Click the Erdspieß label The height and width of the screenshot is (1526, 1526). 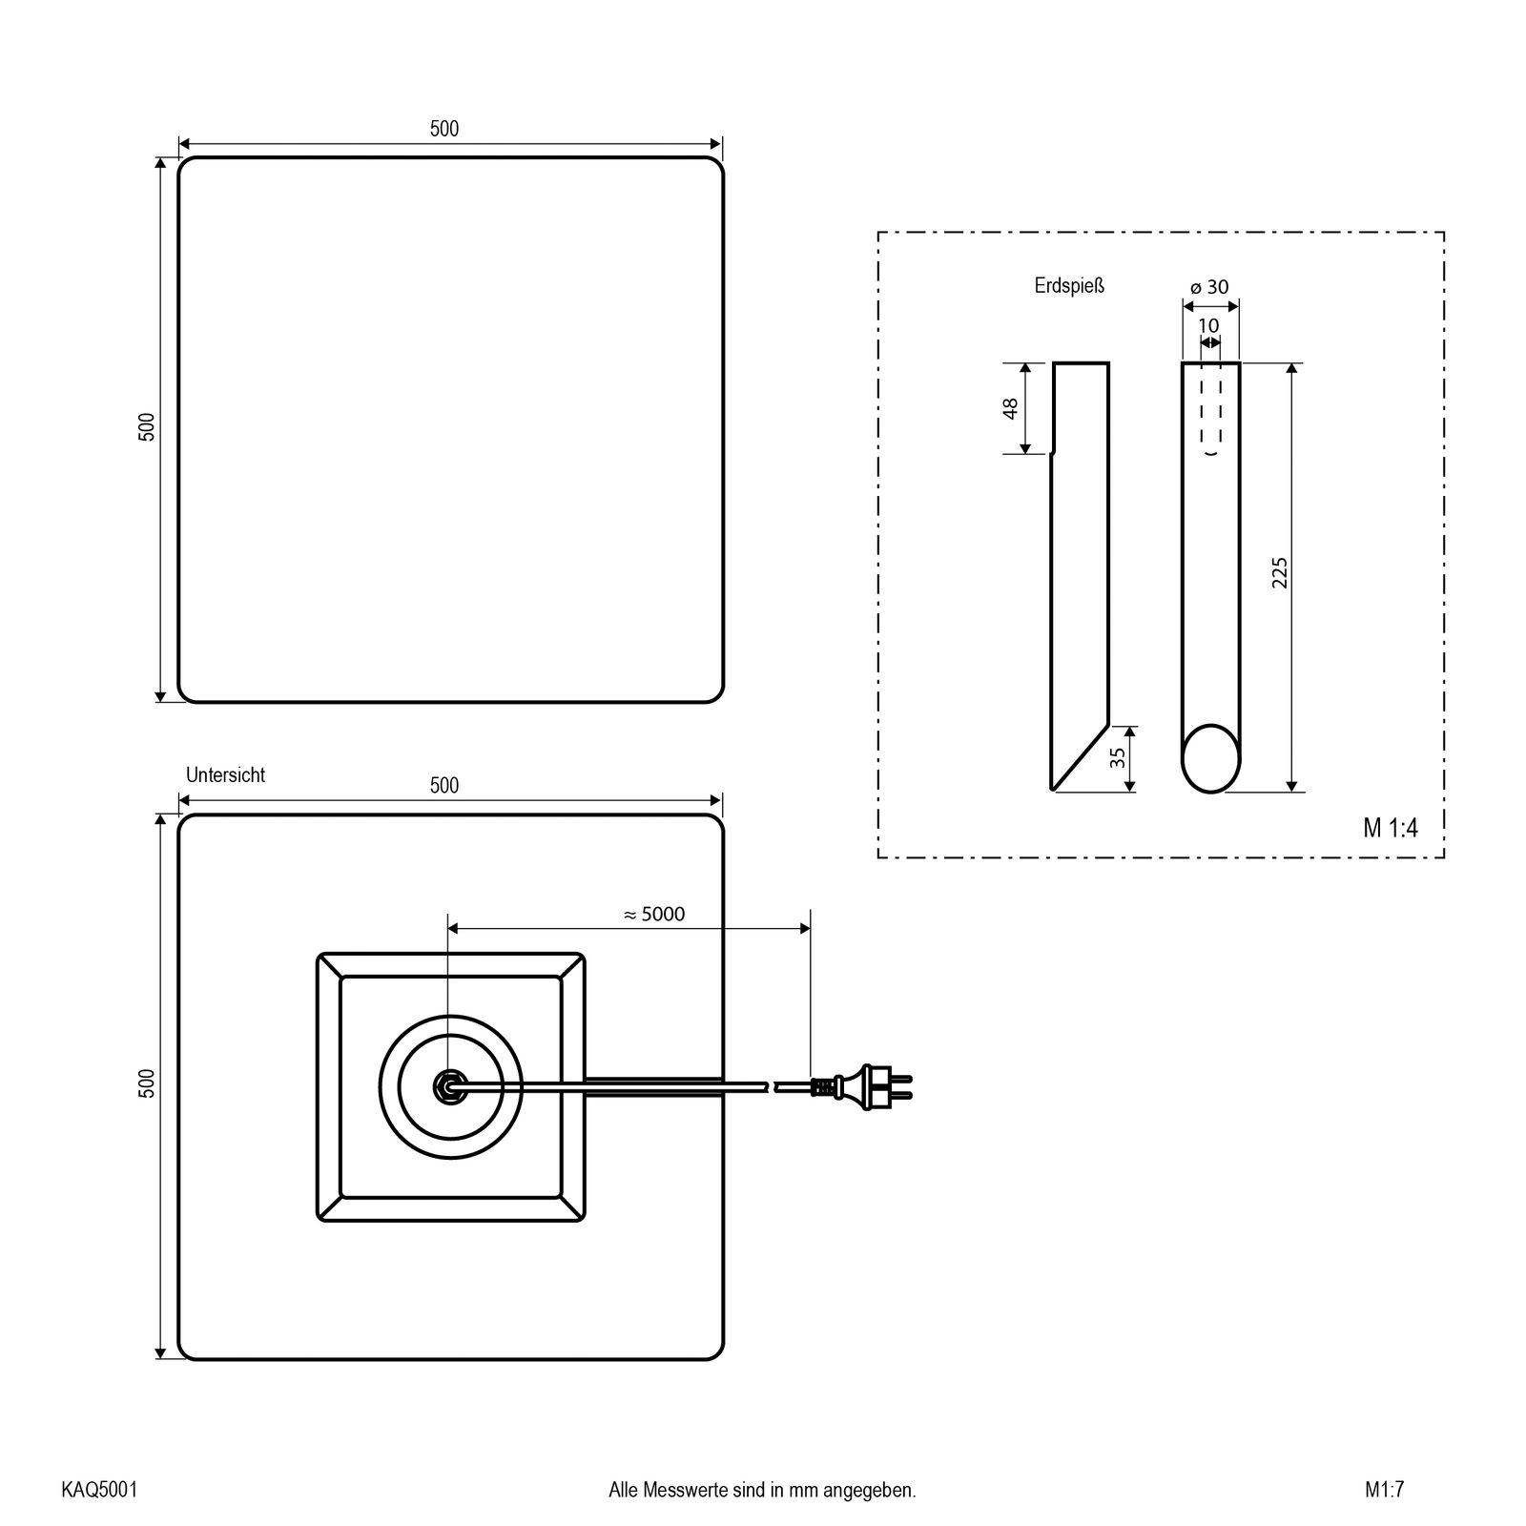1069,285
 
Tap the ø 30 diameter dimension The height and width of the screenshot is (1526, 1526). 1210,286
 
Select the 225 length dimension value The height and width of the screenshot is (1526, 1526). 1280,572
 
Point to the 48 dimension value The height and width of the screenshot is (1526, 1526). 1011,407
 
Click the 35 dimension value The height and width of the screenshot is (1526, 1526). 1118,757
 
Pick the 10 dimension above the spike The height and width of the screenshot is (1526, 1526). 1208,325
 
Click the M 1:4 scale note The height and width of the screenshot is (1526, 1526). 1391,828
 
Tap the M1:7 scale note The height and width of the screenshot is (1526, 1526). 1384,1490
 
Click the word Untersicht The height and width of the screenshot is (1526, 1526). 225,774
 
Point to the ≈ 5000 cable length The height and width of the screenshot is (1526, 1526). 654,914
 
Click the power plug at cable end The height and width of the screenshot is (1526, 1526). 863,1086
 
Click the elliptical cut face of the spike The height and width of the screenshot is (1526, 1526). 1211,758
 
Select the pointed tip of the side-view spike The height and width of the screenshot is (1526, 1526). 1052,789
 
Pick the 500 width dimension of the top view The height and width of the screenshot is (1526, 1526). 444,129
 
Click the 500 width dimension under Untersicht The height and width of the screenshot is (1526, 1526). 444,785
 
